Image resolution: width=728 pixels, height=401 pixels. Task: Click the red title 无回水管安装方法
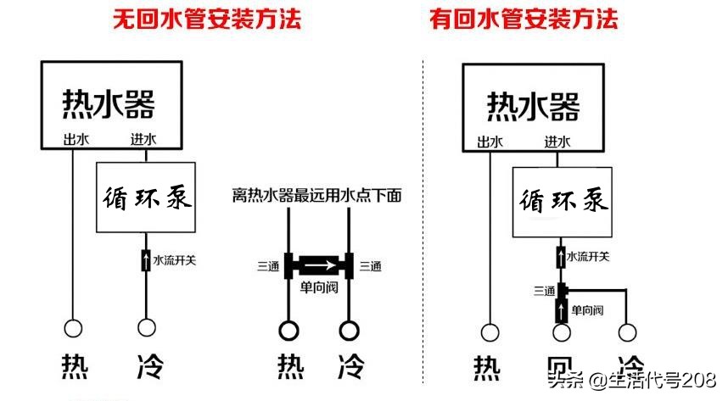(207, 19)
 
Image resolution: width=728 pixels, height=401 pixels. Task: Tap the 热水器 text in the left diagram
(109, 104)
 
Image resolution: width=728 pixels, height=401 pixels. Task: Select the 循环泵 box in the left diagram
(148, 198)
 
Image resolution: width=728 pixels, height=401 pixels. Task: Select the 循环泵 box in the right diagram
(562, 202)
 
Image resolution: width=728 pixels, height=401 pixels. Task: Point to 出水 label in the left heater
(75, 140)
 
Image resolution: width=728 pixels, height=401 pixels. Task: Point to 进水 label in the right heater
(557, 142)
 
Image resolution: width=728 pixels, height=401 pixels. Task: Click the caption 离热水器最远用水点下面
(316, 196)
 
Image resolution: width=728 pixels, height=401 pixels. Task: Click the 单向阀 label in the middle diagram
(318, 287)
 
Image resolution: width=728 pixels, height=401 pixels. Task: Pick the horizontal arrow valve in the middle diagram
(318, 265)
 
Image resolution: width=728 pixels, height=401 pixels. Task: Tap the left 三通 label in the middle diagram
(268, 266)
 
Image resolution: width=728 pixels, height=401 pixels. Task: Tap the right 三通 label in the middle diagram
(370, 266)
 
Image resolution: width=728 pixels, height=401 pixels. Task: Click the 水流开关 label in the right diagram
(587, 255)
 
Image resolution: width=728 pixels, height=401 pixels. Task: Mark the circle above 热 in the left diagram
(74, 328)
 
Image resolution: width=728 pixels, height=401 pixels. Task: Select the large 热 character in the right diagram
(487, 367)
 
